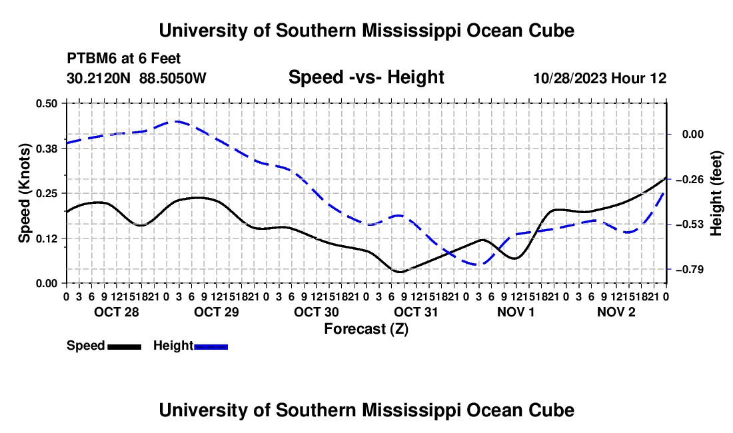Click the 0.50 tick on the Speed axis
click(46, 103)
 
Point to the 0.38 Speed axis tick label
click(46, 149)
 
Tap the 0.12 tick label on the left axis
click(46, 238)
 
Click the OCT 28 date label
click(117, 312)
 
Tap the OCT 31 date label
click(416, 312)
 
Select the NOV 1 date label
click(516, 312)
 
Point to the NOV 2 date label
click(616, 312)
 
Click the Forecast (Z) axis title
click(366, 329)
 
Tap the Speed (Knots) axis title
click(24, 193)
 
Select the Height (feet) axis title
click(716, 193)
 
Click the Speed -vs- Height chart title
click(366, 77)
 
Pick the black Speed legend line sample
click(125, 347)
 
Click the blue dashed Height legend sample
click(211, 347)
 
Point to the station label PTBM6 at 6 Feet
click(124, 59)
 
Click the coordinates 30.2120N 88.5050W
click(137, 78)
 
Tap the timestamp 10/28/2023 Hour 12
click(600, 78)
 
